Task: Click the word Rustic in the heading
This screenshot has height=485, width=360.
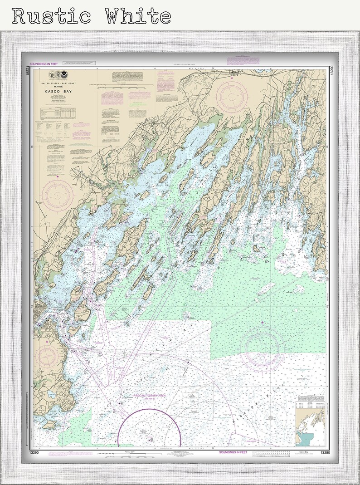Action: [51, 16]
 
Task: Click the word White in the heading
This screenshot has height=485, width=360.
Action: [138, 16]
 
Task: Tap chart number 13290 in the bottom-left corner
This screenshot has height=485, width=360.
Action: [41, 453]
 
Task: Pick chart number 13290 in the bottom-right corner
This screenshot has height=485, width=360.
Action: [324, 453]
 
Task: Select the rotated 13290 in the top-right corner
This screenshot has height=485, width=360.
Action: [332, 75]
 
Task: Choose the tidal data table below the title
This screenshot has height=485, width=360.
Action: [57, 113]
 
